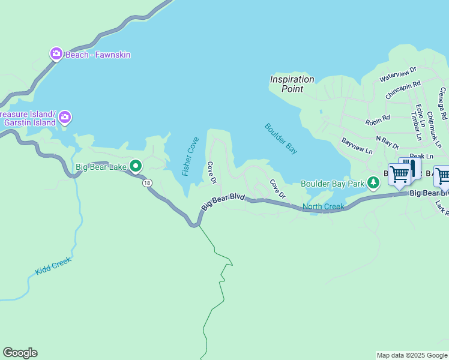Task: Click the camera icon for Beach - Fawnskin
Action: click(x=56, y=55)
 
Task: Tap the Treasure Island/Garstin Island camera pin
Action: click(x=65, y=116)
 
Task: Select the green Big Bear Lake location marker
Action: click(x=136, y=166)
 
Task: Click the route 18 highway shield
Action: click(x=146, y=183)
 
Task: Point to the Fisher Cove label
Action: click(x=190, y=156)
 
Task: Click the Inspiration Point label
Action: click(x=292, y=84)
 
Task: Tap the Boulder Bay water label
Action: click(x=280, y=139)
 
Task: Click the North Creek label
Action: click(x=323, y=207)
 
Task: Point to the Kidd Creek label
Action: click(x=53, y=266)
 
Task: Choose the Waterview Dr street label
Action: click(x=397, y=75)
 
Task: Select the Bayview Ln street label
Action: click(x=357, y=146)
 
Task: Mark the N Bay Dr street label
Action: click(x=387, y=142)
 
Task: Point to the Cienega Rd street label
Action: click(x=443, y=103)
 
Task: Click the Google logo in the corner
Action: click(x=20, y=353)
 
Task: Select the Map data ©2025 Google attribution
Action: click(x=412, y=355)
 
